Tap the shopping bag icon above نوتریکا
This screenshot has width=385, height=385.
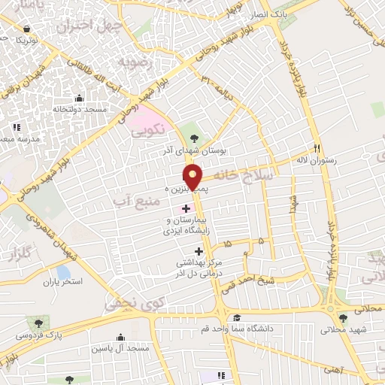click(28, 28)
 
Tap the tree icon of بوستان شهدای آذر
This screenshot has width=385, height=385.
click(196, 138)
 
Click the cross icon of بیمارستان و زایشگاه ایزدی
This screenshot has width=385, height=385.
click(186, 207)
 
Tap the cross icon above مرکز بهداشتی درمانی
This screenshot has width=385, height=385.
click(199, 251)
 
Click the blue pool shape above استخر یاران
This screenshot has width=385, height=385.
click(63, 271)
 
